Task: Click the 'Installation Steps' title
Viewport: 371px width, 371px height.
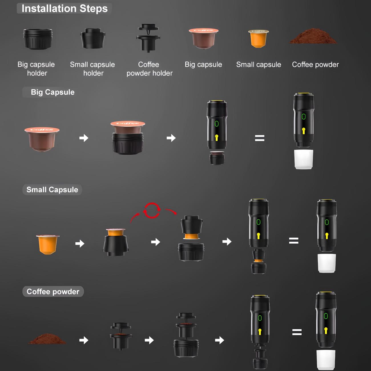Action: pos(64,9)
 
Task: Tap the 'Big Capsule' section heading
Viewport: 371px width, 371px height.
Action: pos(53,92)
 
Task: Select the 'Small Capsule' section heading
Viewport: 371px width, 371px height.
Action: pos(52,190)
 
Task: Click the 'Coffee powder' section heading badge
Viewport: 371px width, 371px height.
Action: pos(53,291)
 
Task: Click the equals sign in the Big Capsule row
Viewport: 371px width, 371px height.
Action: pos(259,138)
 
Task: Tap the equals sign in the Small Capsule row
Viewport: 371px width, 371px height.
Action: pos(294,241)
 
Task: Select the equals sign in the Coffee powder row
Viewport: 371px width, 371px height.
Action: pos(297,332)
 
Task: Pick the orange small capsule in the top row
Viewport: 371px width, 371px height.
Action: pos(258,38)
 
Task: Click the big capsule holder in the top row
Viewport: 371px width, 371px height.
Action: pos(38,39)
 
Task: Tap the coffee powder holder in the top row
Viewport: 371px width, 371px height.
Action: pos(148,38)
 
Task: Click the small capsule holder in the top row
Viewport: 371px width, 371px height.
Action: pos(93,38)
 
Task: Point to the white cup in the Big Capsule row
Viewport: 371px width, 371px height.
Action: pos(304,160)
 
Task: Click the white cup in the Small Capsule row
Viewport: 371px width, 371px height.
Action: pos(326,263)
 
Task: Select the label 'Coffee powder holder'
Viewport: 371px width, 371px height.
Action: pos(150,69)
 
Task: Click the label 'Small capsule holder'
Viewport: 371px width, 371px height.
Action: pos(92,69)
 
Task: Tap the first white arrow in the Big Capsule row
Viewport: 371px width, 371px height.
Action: pos(84,138)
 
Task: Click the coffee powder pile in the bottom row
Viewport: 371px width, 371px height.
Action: pos(47,339)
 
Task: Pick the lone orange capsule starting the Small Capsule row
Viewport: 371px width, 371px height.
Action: pos(48,245)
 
